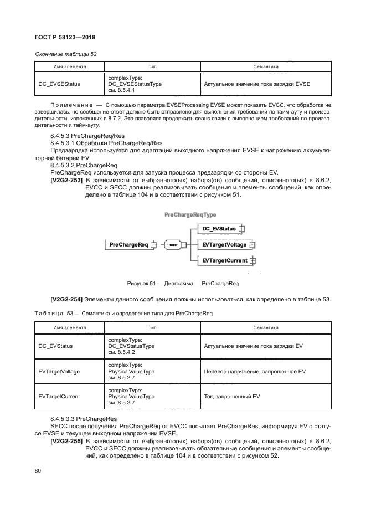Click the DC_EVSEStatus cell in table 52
(x=60, y=84)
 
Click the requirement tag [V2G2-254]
(x=67, y=300)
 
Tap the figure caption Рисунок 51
(x=182, y=284)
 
